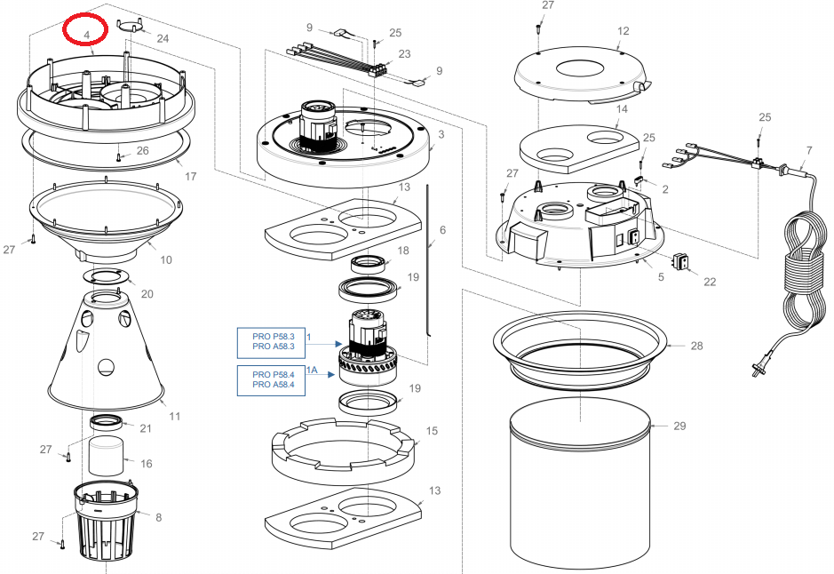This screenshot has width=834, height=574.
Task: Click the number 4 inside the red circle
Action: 86,36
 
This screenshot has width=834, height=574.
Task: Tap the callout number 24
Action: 163,38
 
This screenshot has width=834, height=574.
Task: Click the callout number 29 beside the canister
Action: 679,426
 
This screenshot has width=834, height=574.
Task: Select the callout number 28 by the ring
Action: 696,346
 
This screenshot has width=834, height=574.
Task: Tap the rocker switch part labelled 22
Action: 680,262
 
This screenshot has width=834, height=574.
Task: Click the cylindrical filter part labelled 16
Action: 106,455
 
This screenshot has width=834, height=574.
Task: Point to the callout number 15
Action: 432,430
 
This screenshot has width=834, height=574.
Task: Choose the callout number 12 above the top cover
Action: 624,31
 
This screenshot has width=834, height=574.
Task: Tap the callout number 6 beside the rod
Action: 442,230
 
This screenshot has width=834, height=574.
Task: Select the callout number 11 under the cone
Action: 174,416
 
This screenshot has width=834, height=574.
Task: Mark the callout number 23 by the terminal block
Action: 404,53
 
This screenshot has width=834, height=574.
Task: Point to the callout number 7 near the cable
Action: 809,150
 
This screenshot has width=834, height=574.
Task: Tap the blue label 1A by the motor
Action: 312,370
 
